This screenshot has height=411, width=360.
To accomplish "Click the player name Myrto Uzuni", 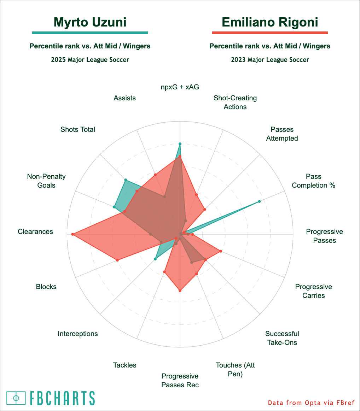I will point(90,22).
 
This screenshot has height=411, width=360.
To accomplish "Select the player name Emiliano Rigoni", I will point(270,22).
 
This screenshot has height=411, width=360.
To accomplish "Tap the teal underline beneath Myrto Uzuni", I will point(90,33).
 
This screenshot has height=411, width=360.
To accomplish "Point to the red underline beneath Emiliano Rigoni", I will point(270,33).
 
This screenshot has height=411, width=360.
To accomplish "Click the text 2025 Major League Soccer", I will point(90,60).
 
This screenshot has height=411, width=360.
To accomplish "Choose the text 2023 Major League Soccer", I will point(270,60).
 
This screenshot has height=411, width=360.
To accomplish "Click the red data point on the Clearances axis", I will point(72,234).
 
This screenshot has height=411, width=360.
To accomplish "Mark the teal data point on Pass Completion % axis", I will point(259,201).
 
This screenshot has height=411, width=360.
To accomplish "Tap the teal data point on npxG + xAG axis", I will point(180,144).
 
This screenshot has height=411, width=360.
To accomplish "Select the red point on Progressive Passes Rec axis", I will point(180,291).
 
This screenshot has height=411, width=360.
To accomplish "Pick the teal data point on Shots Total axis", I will point(126,180).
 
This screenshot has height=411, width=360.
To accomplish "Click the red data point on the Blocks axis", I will point(117,260).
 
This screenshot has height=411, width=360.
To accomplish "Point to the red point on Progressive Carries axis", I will point(221,251).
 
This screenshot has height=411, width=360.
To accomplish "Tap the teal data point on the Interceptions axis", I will point(155,259).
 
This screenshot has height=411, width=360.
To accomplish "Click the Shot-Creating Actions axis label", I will point(235,102).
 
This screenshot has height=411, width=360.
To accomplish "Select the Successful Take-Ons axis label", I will point(282,338).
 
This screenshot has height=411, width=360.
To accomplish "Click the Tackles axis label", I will point(124,365).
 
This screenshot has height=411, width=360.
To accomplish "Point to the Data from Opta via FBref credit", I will point(311,403).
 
